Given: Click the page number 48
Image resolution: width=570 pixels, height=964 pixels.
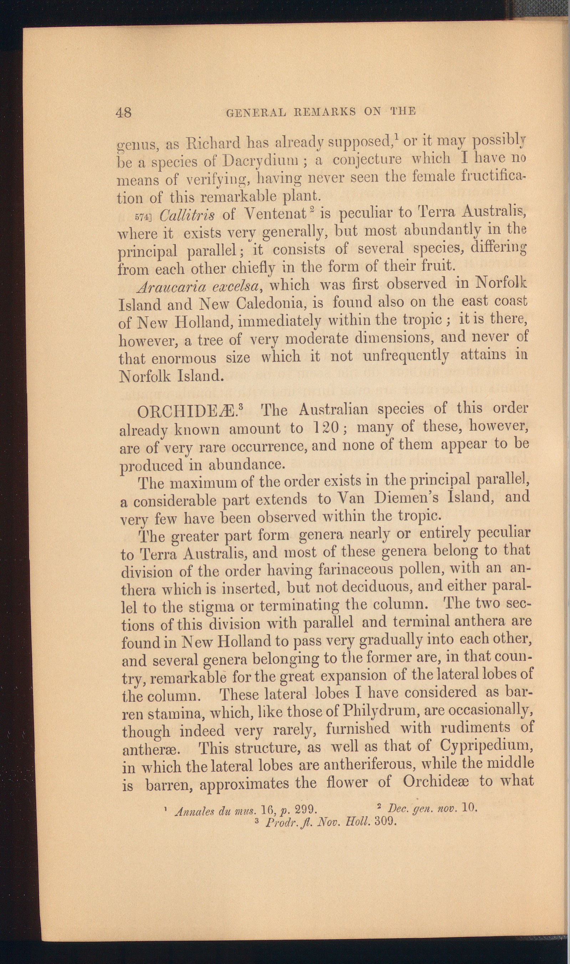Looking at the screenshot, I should [124, 112].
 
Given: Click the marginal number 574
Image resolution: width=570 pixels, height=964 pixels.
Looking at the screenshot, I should [143, 216].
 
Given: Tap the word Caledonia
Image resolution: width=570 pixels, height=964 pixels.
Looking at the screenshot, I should [270, 304].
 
